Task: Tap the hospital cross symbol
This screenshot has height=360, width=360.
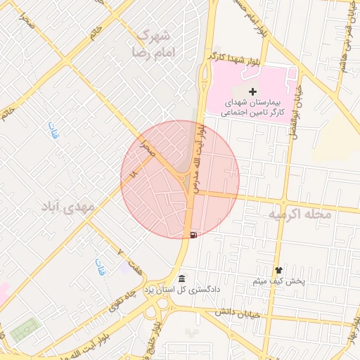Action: pyautogui.click(x=253, y=91)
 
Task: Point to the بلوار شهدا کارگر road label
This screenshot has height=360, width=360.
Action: pyautogui.click(x=232, y=60)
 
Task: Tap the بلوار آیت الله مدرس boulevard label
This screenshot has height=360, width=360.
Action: pyautogui.click(x=202, y=159)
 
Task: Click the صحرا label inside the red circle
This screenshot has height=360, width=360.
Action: pyautogui.click(x=146, y=146)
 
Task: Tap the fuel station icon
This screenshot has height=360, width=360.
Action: pyautogui.click(x=193, y=234)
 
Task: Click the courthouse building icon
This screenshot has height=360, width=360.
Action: pyautogui.click(x=182, y=278)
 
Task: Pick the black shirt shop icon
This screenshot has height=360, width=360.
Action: pyautogui.click(x=279, y=270)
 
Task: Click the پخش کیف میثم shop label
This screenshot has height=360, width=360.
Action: pyautogui.click(x=279, y=281)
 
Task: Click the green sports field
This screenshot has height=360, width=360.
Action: pyautogui.click(x=25, y=328)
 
